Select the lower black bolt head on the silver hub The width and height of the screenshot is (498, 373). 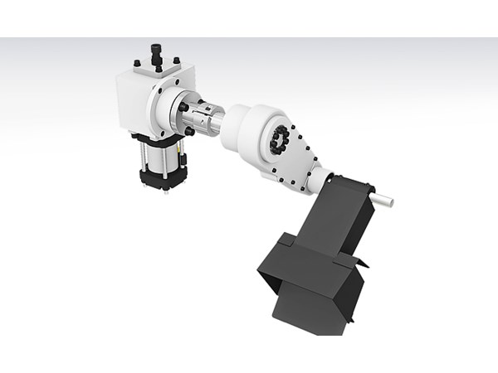(190, 131)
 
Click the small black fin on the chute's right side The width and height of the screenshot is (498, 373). (361, 263)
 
